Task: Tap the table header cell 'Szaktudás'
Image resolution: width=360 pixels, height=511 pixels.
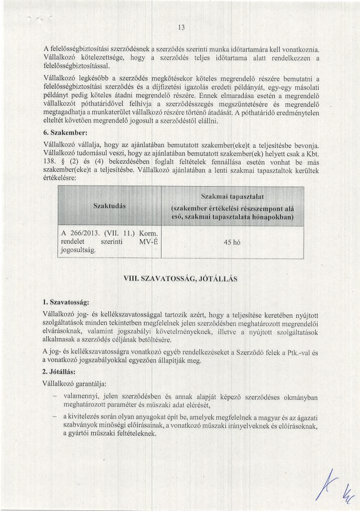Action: click(x=110, y=206)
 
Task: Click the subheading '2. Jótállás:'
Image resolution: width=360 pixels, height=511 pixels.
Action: click(x=61, y=372)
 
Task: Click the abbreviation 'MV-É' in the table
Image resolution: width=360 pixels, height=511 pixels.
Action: click(x=148, y=242)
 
